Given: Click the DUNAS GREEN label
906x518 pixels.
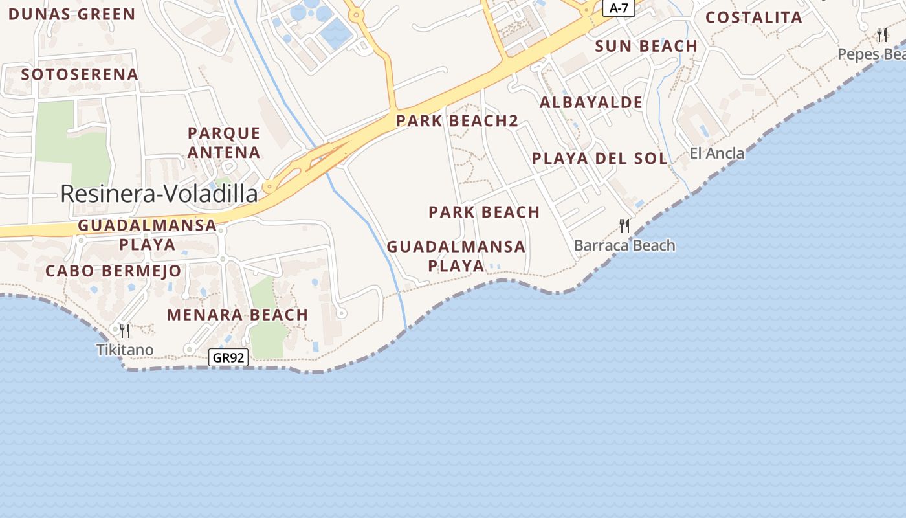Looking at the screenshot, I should tap(72, 14).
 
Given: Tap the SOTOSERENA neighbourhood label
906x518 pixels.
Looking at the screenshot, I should tap(80, 74).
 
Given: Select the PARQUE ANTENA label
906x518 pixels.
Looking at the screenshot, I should tap(224, 143).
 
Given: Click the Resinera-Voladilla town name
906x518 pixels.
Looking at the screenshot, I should tap(159, 194).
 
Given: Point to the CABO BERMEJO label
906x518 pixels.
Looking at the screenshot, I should tap(113, 271).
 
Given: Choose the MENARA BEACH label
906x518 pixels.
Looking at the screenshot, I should tap(238, 315).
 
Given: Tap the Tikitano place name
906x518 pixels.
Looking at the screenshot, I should tap(125, 350).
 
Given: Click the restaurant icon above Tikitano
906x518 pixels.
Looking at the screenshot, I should tap(126, 331).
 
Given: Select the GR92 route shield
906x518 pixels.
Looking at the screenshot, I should tap(229, 357).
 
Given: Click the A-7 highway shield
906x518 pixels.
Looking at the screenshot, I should tap(619, 8).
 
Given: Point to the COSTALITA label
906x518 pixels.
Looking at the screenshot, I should tap(754, 17).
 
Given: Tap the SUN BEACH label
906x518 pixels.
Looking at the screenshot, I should tap(646, 46).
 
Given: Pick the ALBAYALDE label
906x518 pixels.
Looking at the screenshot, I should tap(591, 102).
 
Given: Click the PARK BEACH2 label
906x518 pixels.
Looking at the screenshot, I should tap(458, 120).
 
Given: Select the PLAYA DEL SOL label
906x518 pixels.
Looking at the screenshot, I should tap(599, 159).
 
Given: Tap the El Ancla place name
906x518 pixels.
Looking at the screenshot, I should tap(717, 153).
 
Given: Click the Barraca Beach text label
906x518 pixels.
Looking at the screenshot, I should tap(624, 245).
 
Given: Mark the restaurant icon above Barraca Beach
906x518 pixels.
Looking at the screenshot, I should tap(624, 226).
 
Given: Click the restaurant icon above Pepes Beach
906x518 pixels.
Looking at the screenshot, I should tap(882, 35).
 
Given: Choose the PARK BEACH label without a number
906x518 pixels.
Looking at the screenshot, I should tap(484, 212).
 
